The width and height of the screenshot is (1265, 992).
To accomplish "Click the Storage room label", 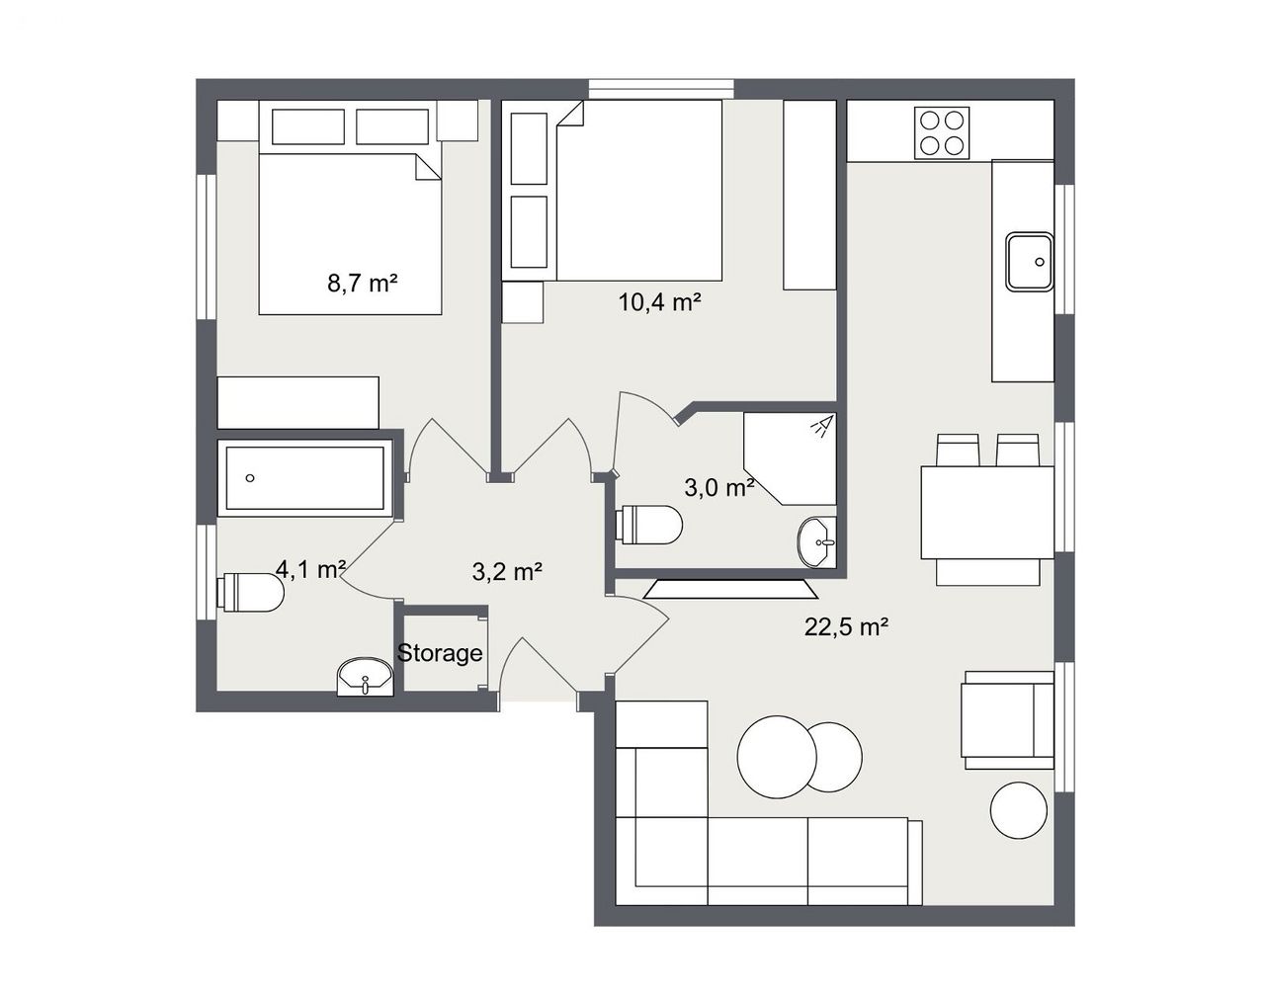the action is click(440, 653).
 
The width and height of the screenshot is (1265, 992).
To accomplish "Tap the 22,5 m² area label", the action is click(846, 626).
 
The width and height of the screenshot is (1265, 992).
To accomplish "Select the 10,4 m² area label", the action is click(659, 302).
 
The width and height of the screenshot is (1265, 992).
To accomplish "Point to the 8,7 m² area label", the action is click(362, 284).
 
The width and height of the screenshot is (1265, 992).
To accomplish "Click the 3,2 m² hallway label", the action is click(507, 572).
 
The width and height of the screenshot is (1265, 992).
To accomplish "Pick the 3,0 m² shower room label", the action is click(719, 487).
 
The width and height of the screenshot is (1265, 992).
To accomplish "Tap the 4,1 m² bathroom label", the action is click(311, 569).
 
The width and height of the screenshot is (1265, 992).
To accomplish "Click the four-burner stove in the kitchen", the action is click(941, 132).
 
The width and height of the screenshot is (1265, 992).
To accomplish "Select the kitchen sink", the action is click(1030, 261).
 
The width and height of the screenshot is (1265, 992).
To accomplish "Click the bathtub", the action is click(305, 478).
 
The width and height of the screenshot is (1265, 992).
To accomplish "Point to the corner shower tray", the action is click(790, 458).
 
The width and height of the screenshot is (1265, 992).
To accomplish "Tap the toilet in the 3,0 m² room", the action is click(648, 525).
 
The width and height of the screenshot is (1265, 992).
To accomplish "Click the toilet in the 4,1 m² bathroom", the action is click(250, 592).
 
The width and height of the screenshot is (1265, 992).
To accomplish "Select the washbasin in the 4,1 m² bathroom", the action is click(365, 677).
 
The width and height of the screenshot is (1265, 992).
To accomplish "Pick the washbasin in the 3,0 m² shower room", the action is click(816, 541).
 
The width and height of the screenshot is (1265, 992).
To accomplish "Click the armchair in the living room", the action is click(1007, 720).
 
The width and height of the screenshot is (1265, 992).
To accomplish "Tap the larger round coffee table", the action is click(777, 757).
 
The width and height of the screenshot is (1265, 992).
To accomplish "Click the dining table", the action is click(987, 513).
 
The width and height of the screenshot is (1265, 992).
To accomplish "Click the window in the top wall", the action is click(661, 89).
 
